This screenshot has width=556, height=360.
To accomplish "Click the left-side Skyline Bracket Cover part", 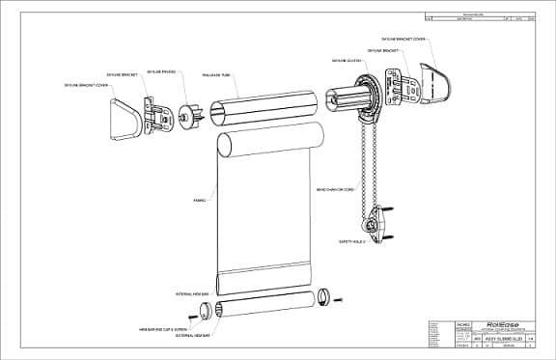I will (122, 119).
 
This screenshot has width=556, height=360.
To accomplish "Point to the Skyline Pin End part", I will (185, 114).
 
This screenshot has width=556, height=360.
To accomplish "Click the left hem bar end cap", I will (204, 310).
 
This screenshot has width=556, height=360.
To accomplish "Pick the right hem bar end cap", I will (321, 297).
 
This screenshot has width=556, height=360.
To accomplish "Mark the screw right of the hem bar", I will (337, 299).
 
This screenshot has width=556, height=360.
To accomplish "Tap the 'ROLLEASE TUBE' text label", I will (214, 73).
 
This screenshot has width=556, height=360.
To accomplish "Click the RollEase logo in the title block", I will (477, 324).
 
